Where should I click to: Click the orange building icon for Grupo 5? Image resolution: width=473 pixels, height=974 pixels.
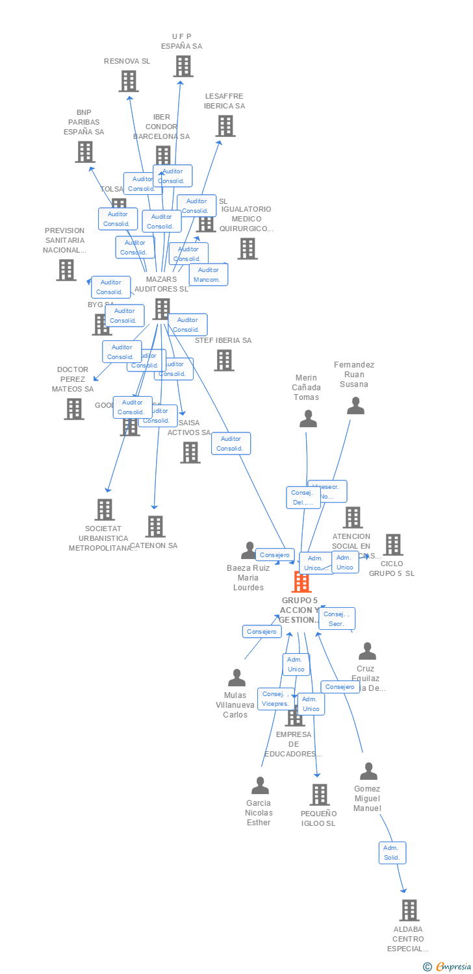301,582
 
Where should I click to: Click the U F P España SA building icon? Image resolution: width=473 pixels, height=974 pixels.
183,66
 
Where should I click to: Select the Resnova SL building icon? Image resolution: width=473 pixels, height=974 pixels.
129,81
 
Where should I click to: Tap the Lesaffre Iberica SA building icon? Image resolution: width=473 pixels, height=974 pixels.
225,126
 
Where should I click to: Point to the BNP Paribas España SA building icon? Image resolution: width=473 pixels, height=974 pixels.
84,152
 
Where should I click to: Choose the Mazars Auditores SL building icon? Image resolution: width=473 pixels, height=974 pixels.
162,309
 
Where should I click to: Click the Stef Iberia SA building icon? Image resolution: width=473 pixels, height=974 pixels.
224,360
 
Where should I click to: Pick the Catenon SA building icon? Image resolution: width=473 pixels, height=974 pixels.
155,527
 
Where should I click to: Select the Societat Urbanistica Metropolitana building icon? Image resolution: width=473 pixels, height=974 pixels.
105,510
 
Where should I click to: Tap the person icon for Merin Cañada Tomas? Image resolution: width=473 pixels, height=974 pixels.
308,419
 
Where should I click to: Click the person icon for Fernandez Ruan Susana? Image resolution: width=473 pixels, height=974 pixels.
355,406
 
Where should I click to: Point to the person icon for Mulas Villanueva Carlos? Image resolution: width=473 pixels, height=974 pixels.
236,678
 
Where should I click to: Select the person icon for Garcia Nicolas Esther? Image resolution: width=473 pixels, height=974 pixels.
260,786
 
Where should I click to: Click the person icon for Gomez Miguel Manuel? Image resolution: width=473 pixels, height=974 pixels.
368,771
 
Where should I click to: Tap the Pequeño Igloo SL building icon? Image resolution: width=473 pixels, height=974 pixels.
319,795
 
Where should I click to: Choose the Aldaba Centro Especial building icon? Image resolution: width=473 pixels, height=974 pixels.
409,910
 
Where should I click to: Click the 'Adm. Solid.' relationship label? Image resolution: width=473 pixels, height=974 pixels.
392,853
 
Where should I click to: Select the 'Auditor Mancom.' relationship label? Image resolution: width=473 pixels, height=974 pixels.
209,275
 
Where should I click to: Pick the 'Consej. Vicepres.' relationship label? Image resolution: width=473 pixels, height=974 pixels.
275,699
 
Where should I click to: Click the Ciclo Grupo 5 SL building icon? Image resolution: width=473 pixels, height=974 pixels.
392,545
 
